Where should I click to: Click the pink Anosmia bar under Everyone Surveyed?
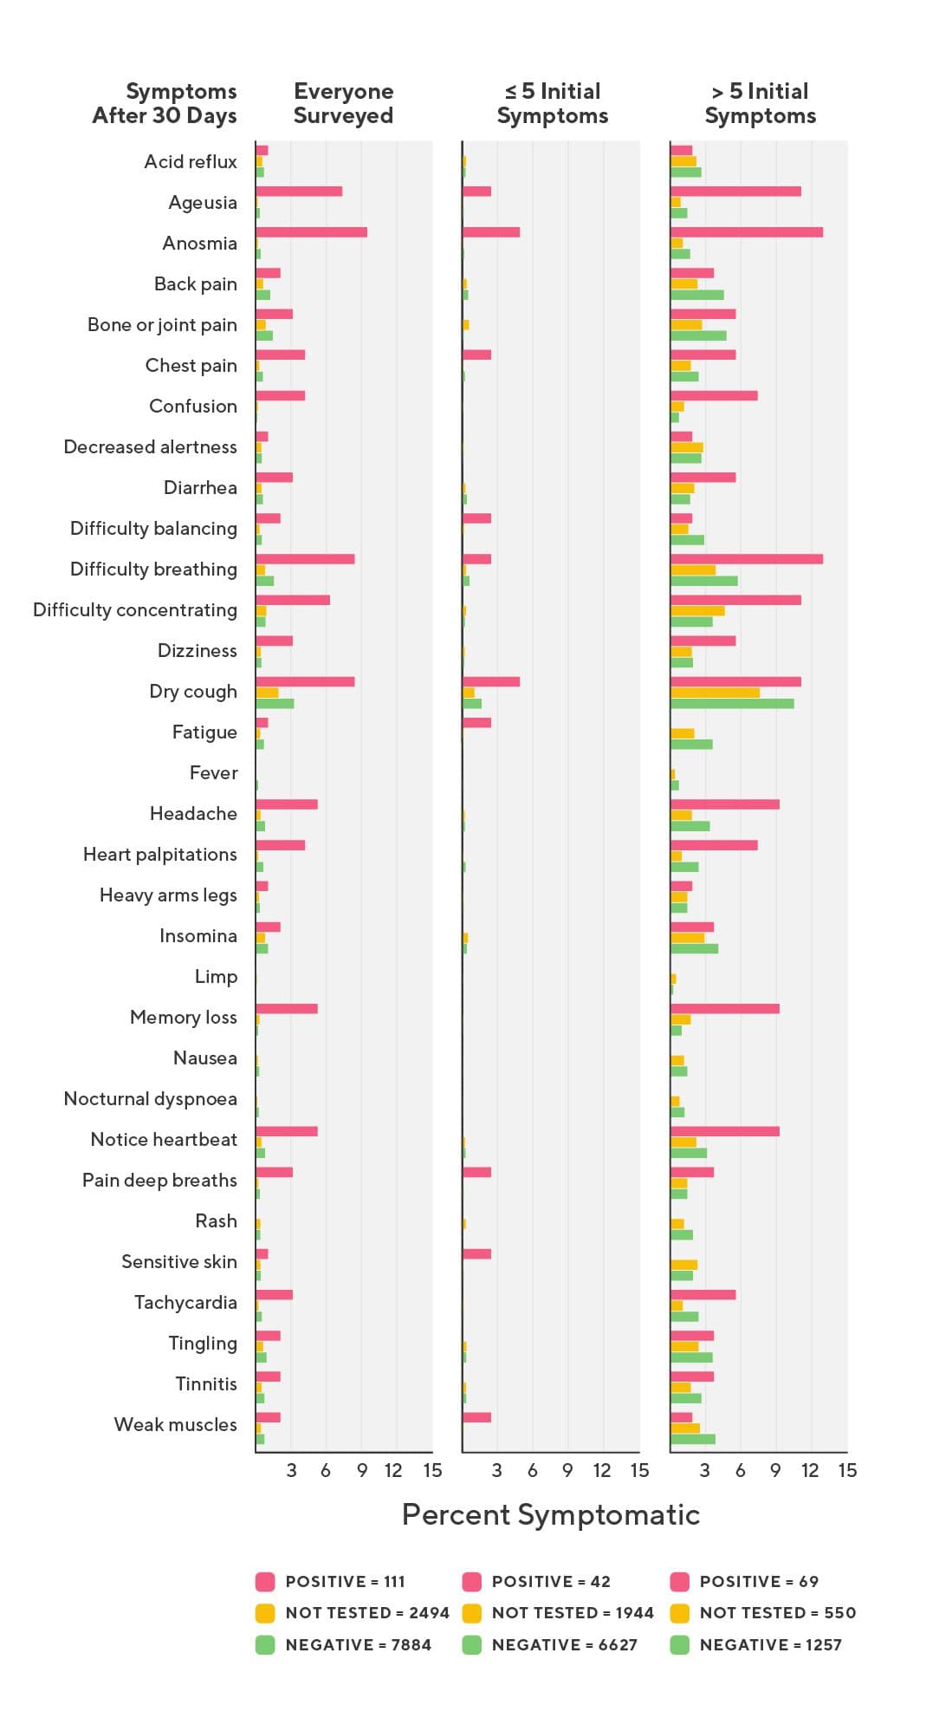311,232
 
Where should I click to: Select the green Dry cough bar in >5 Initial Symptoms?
732,704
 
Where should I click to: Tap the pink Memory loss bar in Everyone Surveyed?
287,1008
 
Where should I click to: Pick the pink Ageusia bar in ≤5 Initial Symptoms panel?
476,191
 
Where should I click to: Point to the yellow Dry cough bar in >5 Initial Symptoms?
715,693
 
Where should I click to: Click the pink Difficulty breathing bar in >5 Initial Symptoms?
746,559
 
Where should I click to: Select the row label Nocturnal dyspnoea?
150,1099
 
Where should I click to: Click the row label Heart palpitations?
160,855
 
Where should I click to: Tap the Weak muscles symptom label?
175,1425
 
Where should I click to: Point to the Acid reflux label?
191,162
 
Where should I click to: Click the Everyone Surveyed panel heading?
343,103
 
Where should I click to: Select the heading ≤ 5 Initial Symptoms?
553,103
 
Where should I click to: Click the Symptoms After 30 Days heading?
165,103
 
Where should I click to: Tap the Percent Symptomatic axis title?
551,1514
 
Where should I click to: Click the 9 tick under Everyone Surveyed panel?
362,1470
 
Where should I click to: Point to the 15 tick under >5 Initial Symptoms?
847,1470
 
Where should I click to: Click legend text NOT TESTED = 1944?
573,1612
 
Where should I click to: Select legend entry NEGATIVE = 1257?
770,1644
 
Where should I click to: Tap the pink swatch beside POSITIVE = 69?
680,1581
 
